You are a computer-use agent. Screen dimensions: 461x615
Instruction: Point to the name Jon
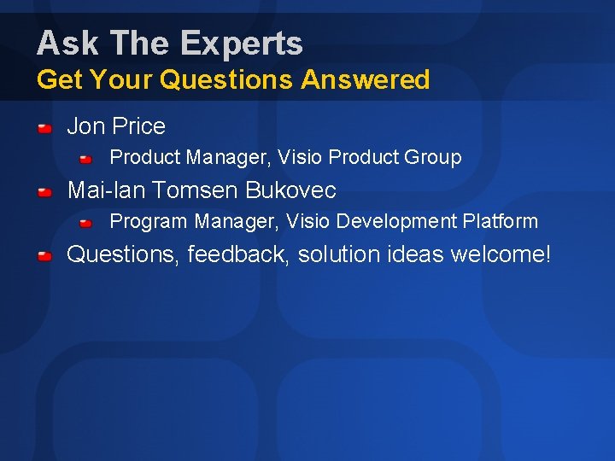[x=85, y=126]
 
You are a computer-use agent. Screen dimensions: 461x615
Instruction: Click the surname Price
[x=138, y=126]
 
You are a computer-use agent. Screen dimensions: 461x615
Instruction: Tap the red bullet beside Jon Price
[x=46, y=128]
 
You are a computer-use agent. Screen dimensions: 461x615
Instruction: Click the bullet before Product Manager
[x=86, y=159]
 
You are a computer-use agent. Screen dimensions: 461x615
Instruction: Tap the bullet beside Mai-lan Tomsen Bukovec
[x=46, y=192]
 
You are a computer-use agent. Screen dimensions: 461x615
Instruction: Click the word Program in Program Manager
[x=149, y=222]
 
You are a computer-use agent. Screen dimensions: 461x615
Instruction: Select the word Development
[x=396, y=222]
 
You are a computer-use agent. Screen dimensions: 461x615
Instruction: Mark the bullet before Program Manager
[x=86, y=223]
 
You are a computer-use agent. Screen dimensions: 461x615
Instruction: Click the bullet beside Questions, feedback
[x=46, y=256]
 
